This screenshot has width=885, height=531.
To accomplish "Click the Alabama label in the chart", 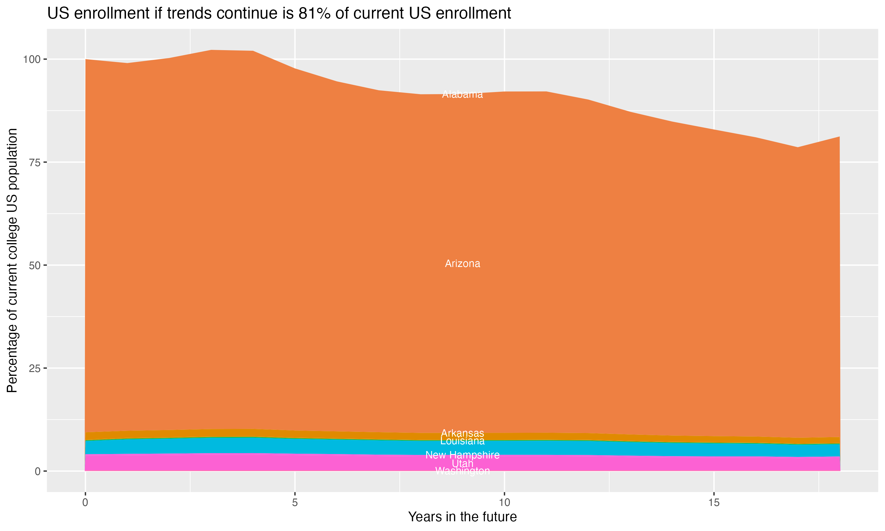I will click(x=462, y=94).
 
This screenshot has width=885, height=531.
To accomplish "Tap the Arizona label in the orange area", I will click(x=462, y=264).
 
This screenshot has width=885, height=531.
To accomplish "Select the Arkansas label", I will click(x=462, y=433).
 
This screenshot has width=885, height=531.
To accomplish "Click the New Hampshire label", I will click(x=462, y=455).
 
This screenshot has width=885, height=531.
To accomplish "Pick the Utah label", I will click(x=462, y=463).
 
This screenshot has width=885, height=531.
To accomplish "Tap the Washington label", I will click(x=462, y=471).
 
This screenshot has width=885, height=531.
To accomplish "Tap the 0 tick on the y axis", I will click(x=37, y=471).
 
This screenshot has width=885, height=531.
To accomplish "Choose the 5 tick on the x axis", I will click(x=295, y=503).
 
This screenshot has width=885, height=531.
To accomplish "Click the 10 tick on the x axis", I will click(x=504, y=503).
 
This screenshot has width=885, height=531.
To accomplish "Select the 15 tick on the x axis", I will click(x=714, y=503).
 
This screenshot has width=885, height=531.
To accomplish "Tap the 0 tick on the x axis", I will click(x=85, y=503).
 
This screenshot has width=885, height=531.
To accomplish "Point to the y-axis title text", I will click(x=12, y=260).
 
